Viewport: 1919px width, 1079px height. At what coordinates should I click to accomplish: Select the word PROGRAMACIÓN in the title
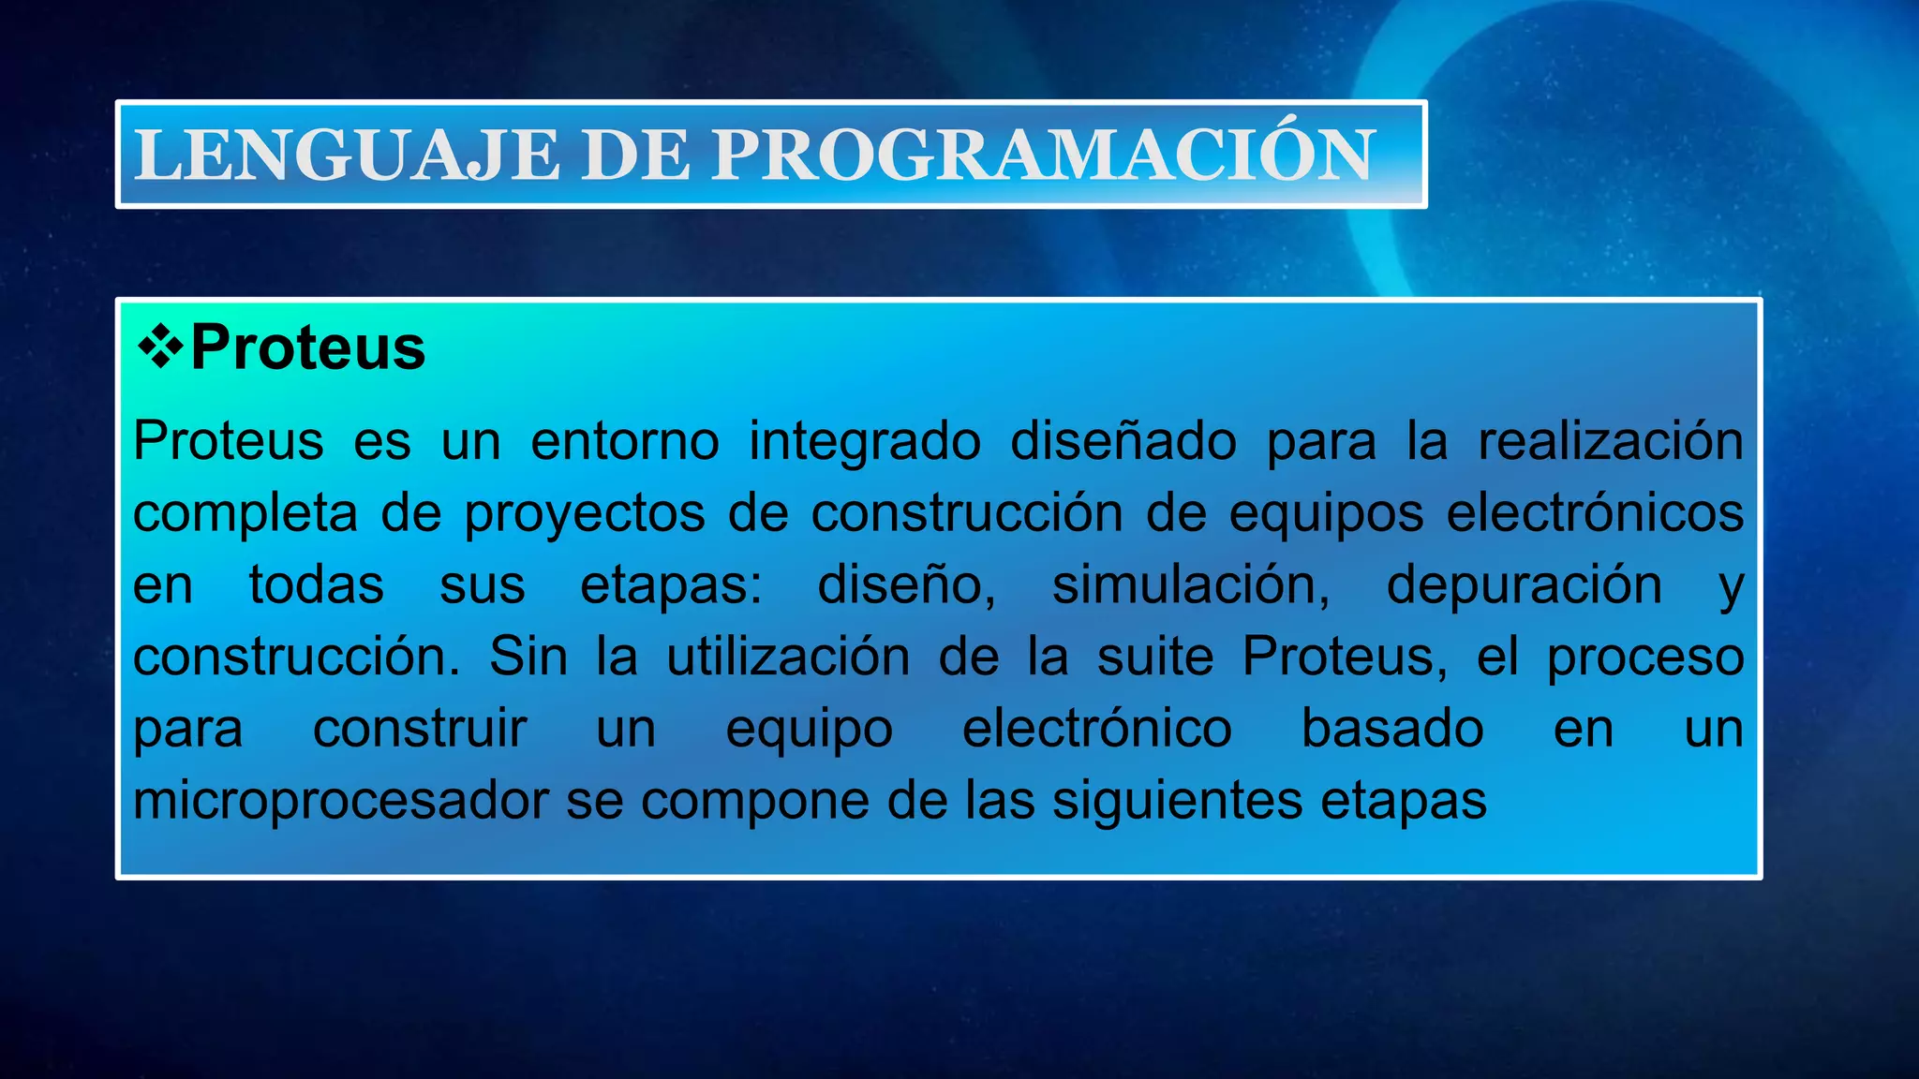click(1044, 155)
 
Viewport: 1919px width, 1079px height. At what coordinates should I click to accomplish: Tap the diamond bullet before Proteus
click(160, 347)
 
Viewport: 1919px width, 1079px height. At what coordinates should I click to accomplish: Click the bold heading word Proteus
click(308, 347)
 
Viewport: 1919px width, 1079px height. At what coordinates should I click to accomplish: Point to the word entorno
click(625, 440)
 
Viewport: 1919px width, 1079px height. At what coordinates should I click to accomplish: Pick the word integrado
click(865, 442)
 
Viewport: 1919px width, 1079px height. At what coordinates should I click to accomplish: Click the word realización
click(1611, 440)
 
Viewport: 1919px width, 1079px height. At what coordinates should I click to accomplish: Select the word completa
click(245, 514)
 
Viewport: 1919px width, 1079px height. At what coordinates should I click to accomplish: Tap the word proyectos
click(585, 514)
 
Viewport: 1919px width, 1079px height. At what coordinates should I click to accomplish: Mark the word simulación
click(1191, 585)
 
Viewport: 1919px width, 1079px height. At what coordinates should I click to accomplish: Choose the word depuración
click(1525, 585)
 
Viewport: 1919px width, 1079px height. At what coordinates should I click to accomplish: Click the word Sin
click(528, 656)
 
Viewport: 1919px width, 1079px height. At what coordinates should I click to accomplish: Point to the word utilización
click(788, 656)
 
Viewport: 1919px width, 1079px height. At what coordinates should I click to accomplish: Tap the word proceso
click(1644, 658)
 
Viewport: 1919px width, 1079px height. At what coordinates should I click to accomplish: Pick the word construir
click(420, 729)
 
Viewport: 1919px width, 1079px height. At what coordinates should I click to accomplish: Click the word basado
click(1392, 729)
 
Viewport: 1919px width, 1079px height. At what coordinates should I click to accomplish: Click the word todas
click(317, 585)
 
